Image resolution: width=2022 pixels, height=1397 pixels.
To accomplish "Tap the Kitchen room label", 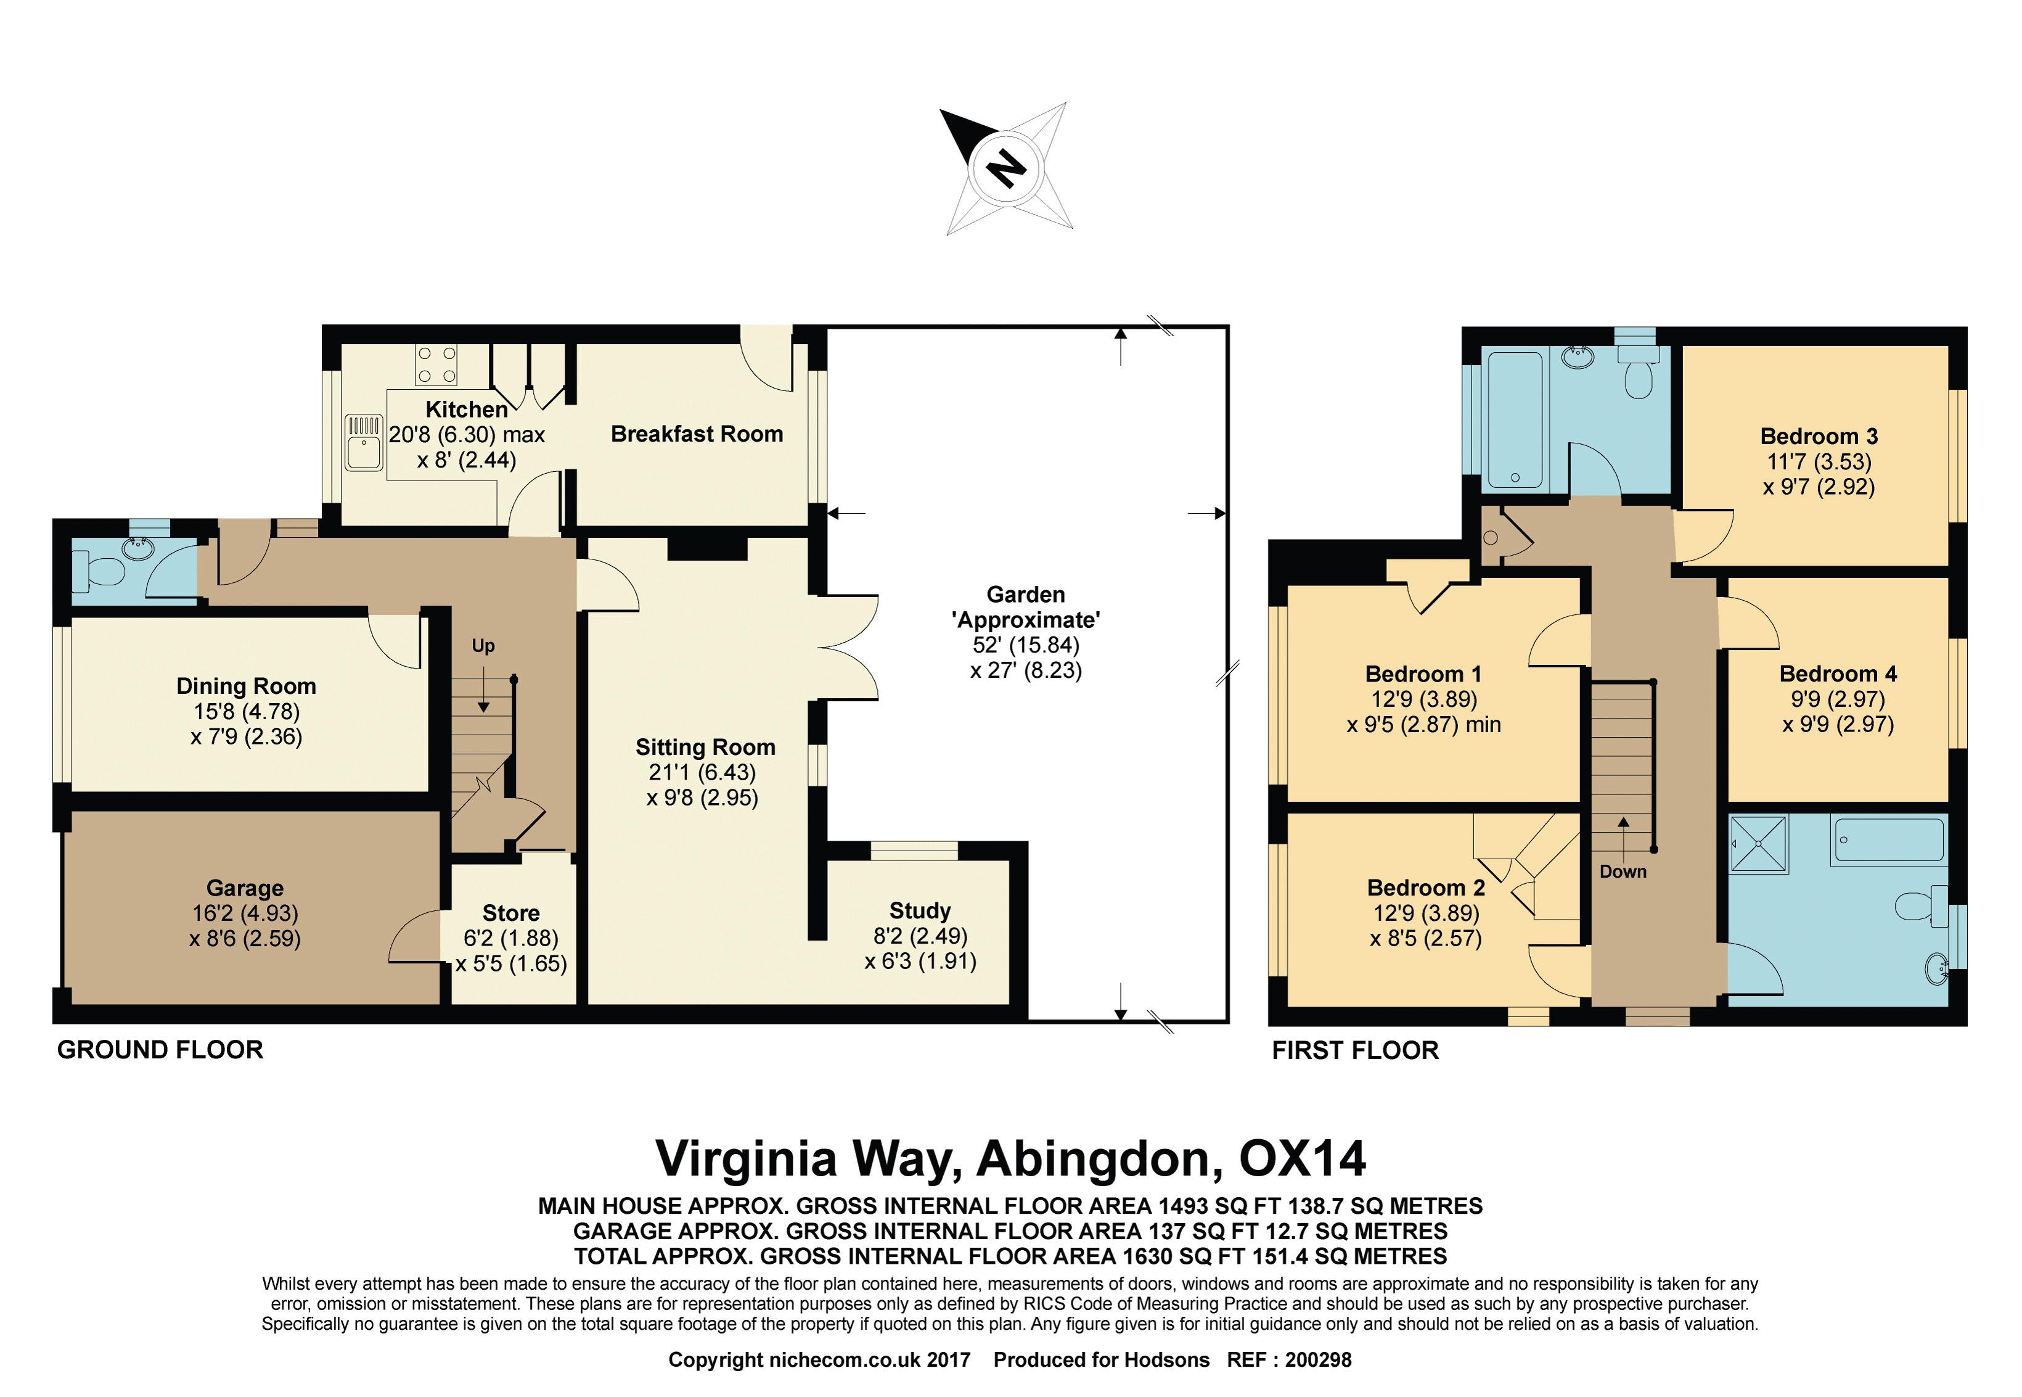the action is (466, 410).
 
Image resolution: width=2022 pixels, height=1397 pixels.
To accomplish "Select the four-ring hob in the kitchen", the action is (436, 365).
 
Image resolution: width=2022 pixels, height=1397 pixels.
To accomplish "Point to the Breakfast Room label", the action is (697, 434).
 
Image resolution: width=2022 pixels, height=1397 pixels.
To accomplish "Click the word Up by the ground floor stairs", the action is (483, 646).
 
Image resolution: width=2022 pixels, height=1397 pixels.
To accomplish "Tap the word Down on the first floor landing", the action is (1623, 872).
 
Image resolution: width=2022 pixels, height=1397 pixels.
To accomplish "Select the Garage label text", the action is (245, 888).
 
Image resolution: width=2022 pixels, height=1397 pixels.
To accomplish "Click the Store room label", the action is (511, 913).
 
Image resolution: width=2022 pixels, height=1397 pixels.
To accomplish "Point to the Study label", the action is (920, 911).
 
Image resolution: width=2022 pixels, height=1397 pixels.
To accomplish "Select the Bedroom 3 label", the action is (1819, 436).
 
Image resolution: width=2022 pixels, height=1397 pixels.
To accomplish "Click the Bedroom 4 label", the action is (1838, 674).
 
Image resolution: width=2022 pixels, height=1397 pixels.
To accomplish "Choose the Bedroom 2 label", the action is (1426, 888).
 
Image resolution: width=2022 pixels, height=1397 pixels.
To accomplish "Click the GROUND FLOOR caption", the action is (160, 1050).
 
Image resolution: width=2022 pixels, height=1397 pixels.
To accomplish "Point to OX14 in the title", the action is (1302, 1158).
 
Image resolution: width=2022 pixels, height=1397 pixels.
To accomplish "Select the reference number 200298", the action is (1319, 1359).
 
